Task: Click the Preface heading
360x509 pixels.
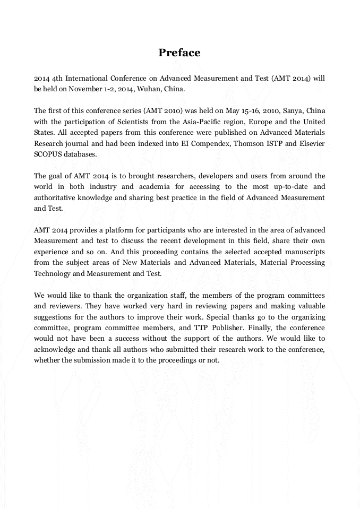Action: (179, 53)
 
